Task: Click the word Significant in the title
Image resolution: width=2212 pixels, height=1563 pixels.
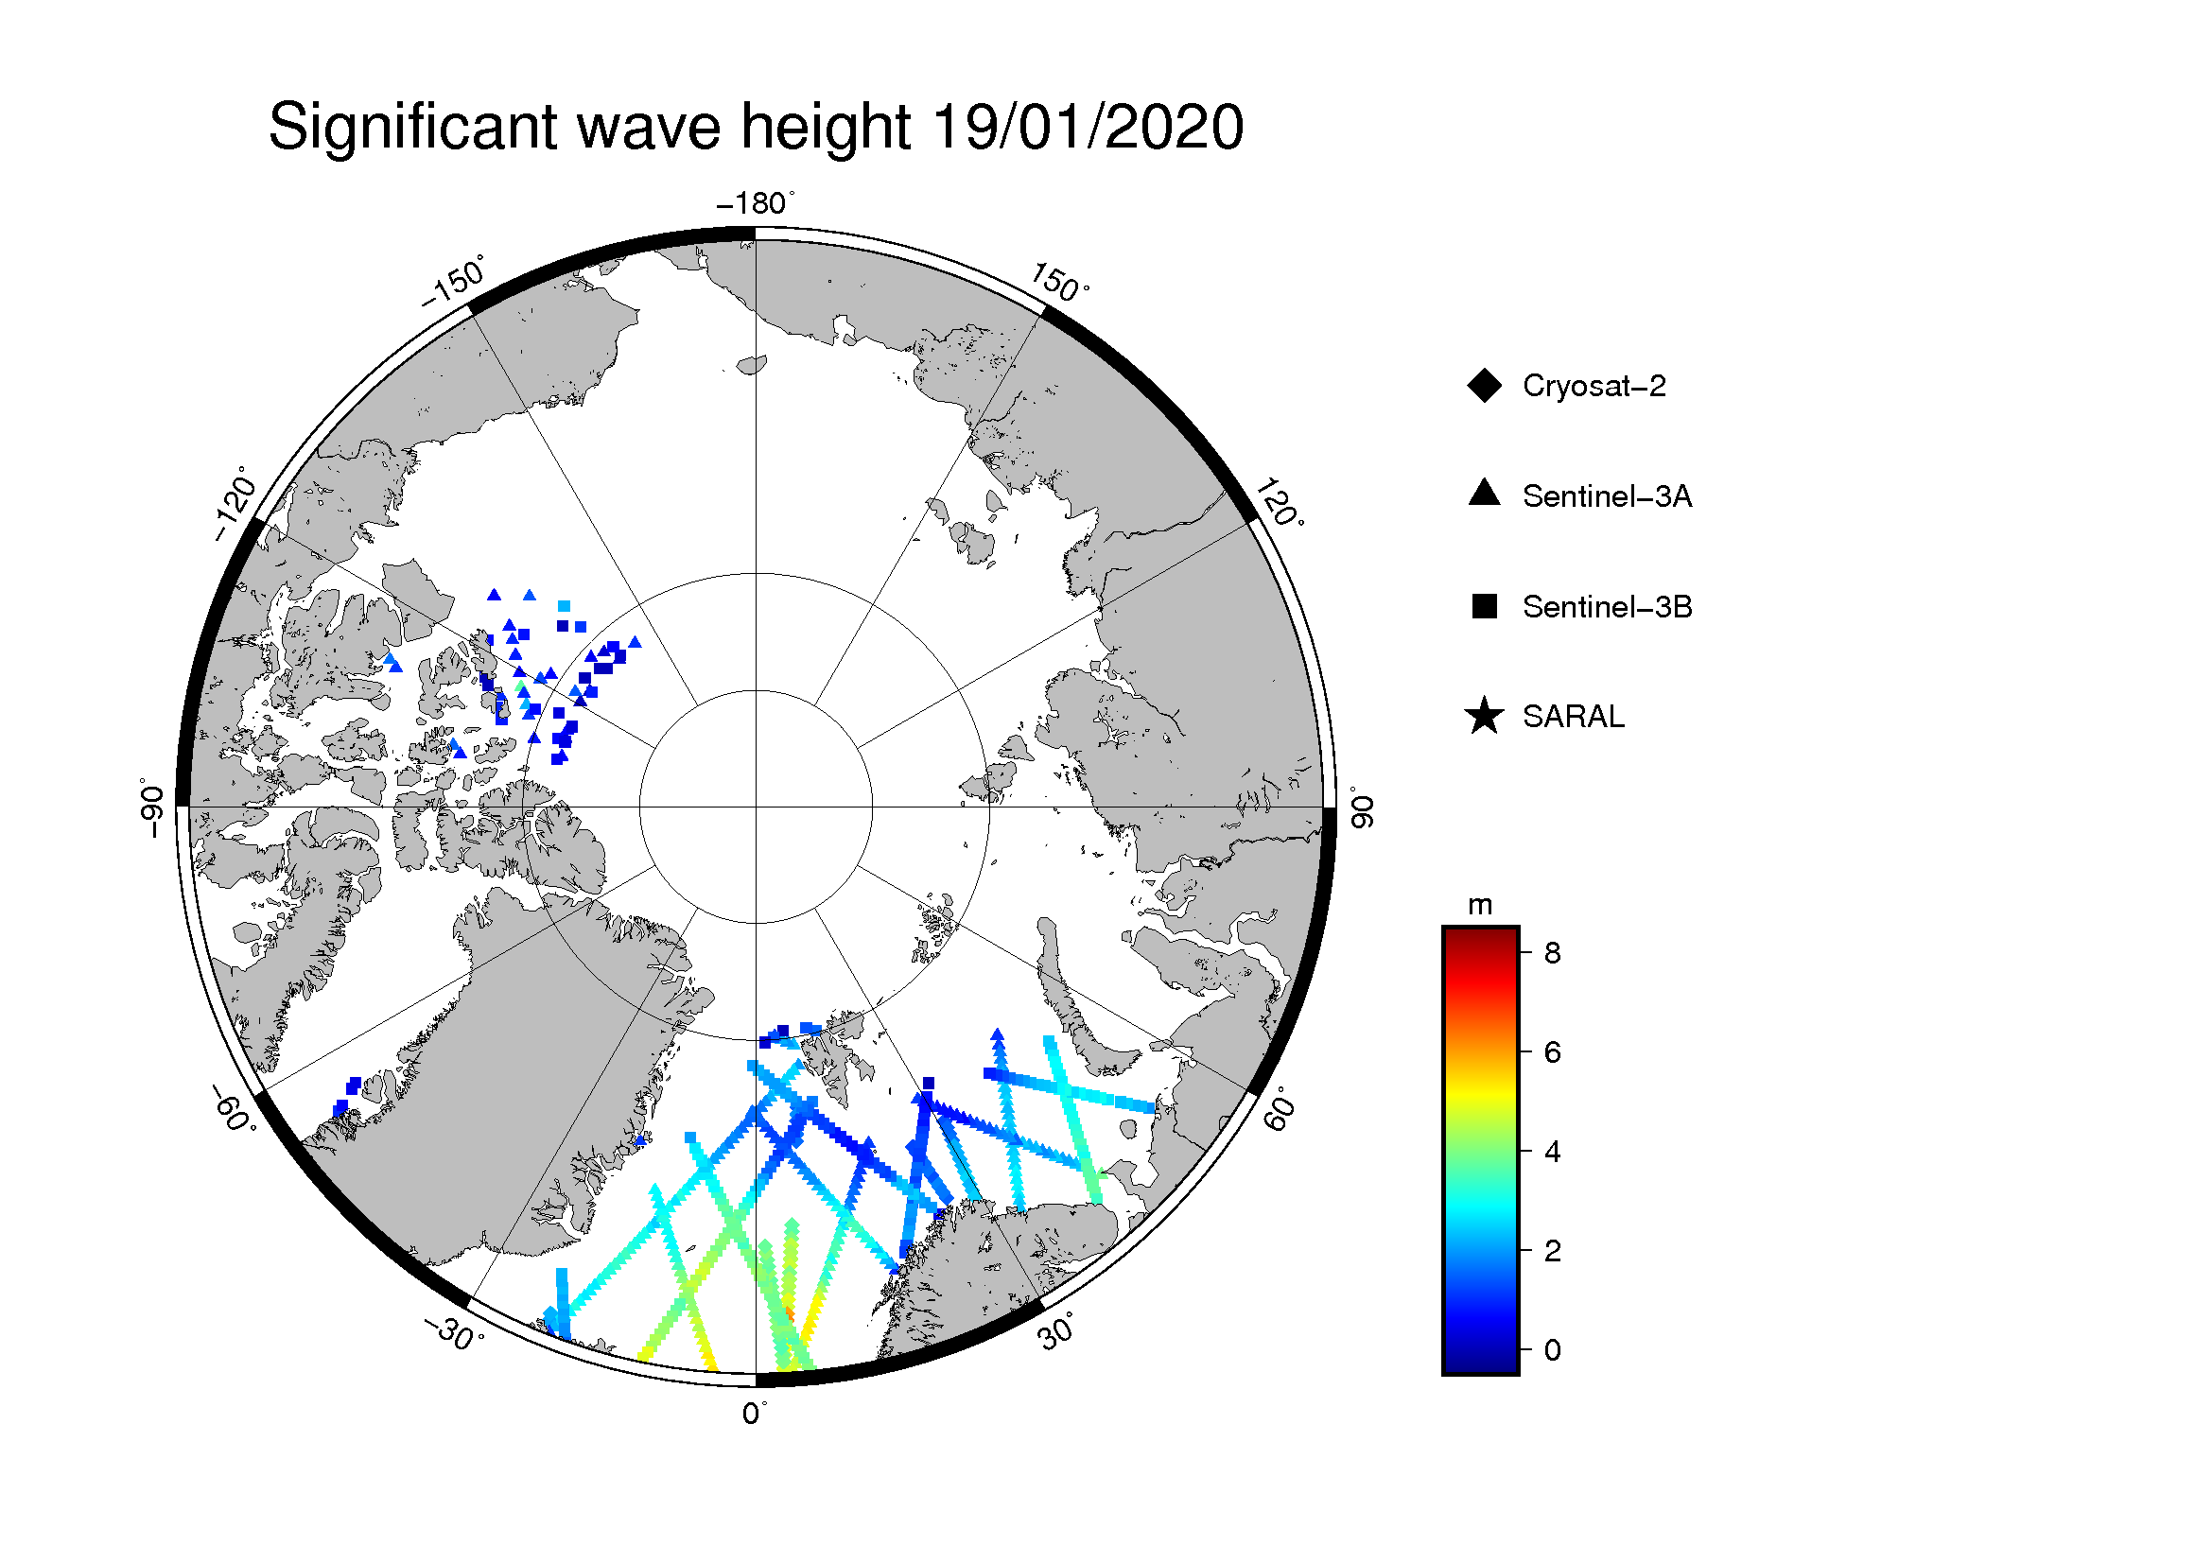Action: (413, 128)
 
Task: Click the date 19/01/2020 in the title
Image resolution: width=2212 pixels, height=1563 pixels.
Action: (1089, 126)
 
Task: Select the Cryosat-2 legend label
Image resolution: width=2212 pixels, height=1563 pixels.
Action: (1594, 386)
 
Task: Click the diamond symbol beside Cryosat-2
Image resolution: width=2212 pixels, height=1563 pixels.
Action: (1485, 386)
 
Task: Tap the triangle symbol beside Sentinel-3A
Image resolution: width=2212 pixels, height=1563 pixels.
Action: (1485, 493)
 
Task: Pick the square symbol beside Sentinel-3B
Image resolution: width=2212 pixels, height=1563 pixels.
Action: (1485, 607)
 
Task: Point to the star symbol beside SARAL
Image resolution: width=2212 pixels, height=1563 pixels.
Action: (1485, 717)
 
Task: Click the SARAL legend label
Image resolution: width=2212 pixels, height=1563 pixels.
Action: (1574, 718)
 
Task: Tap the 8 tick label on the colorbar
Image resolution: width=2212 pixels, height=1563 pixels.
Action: (1552, 953)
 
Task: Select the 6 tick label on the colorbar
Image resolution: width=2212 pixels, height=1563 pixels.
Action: (1552, 1052)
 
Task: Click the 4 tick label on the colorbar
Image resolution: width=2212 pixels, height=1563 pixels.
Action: (1552, 1152)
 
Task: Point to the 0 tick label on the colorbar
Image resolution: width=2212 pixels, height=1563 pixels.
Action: (1552, 1350)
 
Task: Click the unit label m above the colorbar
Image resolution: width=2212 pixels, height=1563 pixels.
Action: (1480, 906)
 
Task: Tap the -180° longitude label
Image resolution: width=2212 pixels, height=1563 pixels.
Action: (756, 203)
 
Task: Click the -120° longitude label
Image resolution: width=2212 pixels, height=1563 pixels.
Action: (235, 504)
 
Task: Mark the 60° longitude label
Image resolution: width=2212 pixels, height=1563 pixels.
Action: (1280, 1109)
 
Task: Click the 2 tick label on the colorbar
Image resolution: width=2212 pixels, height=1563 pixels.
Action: (1552, 1251)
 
